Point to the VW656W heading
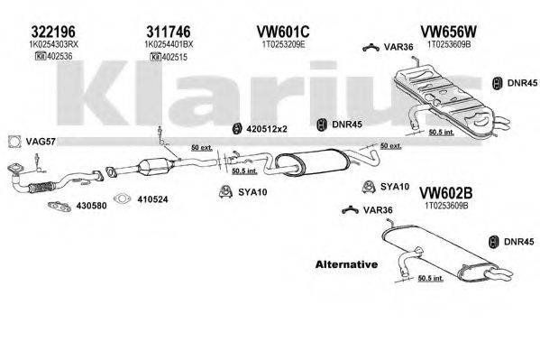444,28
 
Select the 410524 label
149,199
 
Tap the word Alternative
345,263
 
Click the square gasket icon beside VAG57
13,141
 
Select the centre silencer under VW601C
301,163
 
